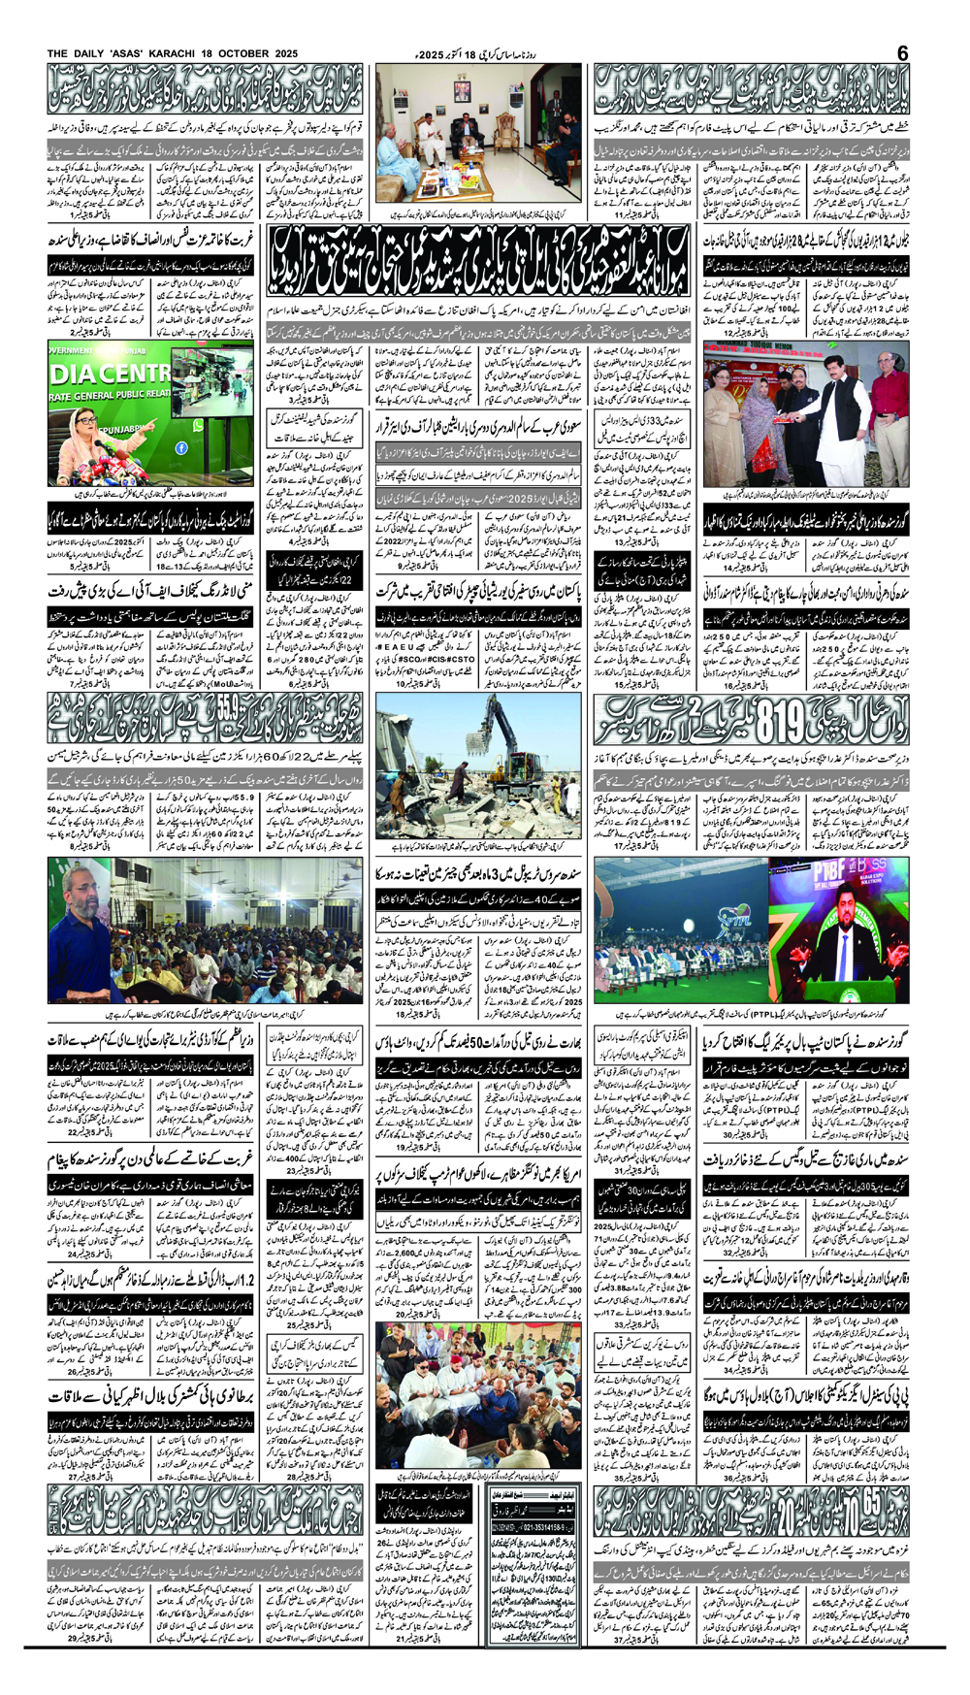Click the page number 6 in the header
click(x=902, y=52)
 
